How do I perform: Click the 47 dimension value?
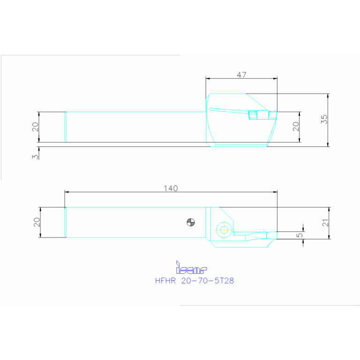coord(241,75)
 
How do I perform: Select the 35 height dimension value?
coord(324,119)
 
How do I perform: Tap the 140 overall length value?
coord(170,188)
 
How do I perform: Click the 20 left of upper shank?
coord(35,127)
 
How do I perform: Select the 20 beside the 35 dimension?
coord(296,126)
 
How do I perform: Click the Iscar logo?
coord(191,268)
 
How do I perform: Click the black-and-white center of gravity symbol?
coord(191,222)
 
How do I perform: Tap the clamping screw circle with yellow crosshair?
coord(224,230)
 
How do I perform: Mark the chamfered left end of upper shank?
coord(65,127)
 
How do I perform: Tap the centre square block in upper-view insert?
coord(253,114)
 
